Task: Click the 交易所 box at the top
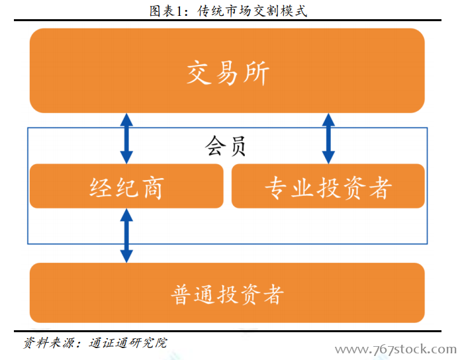coord(227,71)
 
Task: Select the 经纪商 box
coord(126,186)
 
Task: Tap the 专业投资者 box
coord(328,186)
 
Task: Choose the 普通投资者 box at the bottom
coord(227,293)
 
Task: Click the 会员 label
coord(226,146)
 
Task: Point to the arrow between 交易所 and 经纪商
coord(126,138)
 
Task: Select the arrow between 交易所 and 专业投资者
coord(328,138)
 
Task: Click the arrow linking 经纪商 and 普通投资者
coord(126,236)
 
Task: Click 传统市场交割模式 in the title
coord(252,11)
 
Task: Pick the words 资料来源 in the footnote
coord(48,343)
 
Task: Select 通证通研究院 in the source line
coord(128,343)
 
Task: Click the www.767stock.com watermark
coord(396,349)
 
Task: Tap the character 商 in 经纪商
coord(153,188)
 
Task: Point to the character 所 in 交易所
coord(256,73)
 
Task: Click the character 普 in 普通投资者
coord(180,294)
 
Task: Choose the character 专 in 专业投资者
coord(275,188)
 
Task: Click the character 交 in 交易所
coord(199,73)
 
